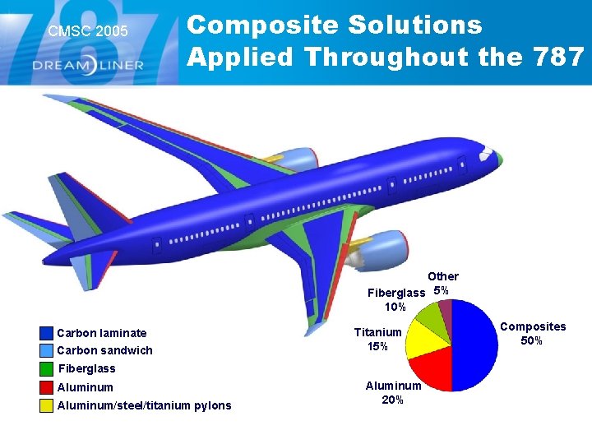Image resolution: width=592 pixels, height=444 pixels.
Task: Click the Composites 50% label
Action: (x=533, y=333)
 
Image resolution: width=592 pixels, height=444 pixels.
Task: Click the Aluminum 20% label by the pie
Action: (x=393, y=393)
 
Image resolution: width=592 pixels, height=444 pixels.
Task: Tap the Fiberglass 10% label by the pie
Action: (x=395, y=299)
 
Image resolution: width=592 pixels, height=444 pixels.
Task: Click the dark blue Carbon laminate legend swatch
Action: (x=46, y=333)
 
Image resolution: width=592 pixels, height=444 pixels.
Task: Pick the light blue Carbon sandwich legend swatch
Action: (x=46, y=351)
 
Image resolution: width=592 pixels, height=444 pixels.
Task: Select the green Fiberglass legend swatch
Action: (x=46, y=369)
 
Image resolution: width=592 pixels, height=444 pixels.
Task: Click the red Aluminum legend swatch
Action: (x=46, y=387)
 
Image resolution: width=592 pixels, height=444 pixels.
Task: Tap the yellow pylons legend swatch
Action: (x=46, y=405)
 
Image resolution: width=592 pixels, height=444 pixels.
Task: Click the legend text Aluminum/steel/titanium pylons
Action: (x=144, y=405)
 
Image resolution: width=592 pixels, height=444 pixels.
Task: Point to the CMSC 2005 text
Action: (x=88, y=31)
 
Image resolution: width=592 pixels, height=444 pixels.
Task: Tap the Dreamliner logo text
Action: (x=88, y=64)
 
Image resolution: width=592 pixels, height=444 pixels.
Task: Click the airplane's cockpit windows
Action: (x=487, y=155)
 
